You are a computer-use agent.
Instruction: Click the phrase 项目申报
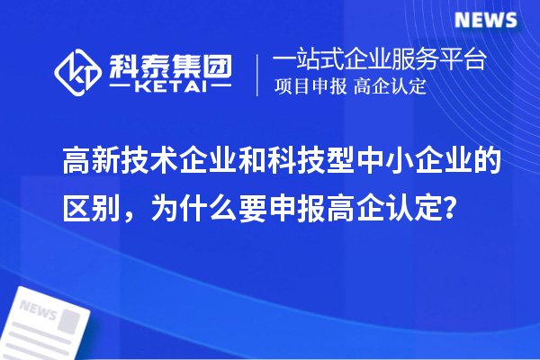[311, 87]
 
